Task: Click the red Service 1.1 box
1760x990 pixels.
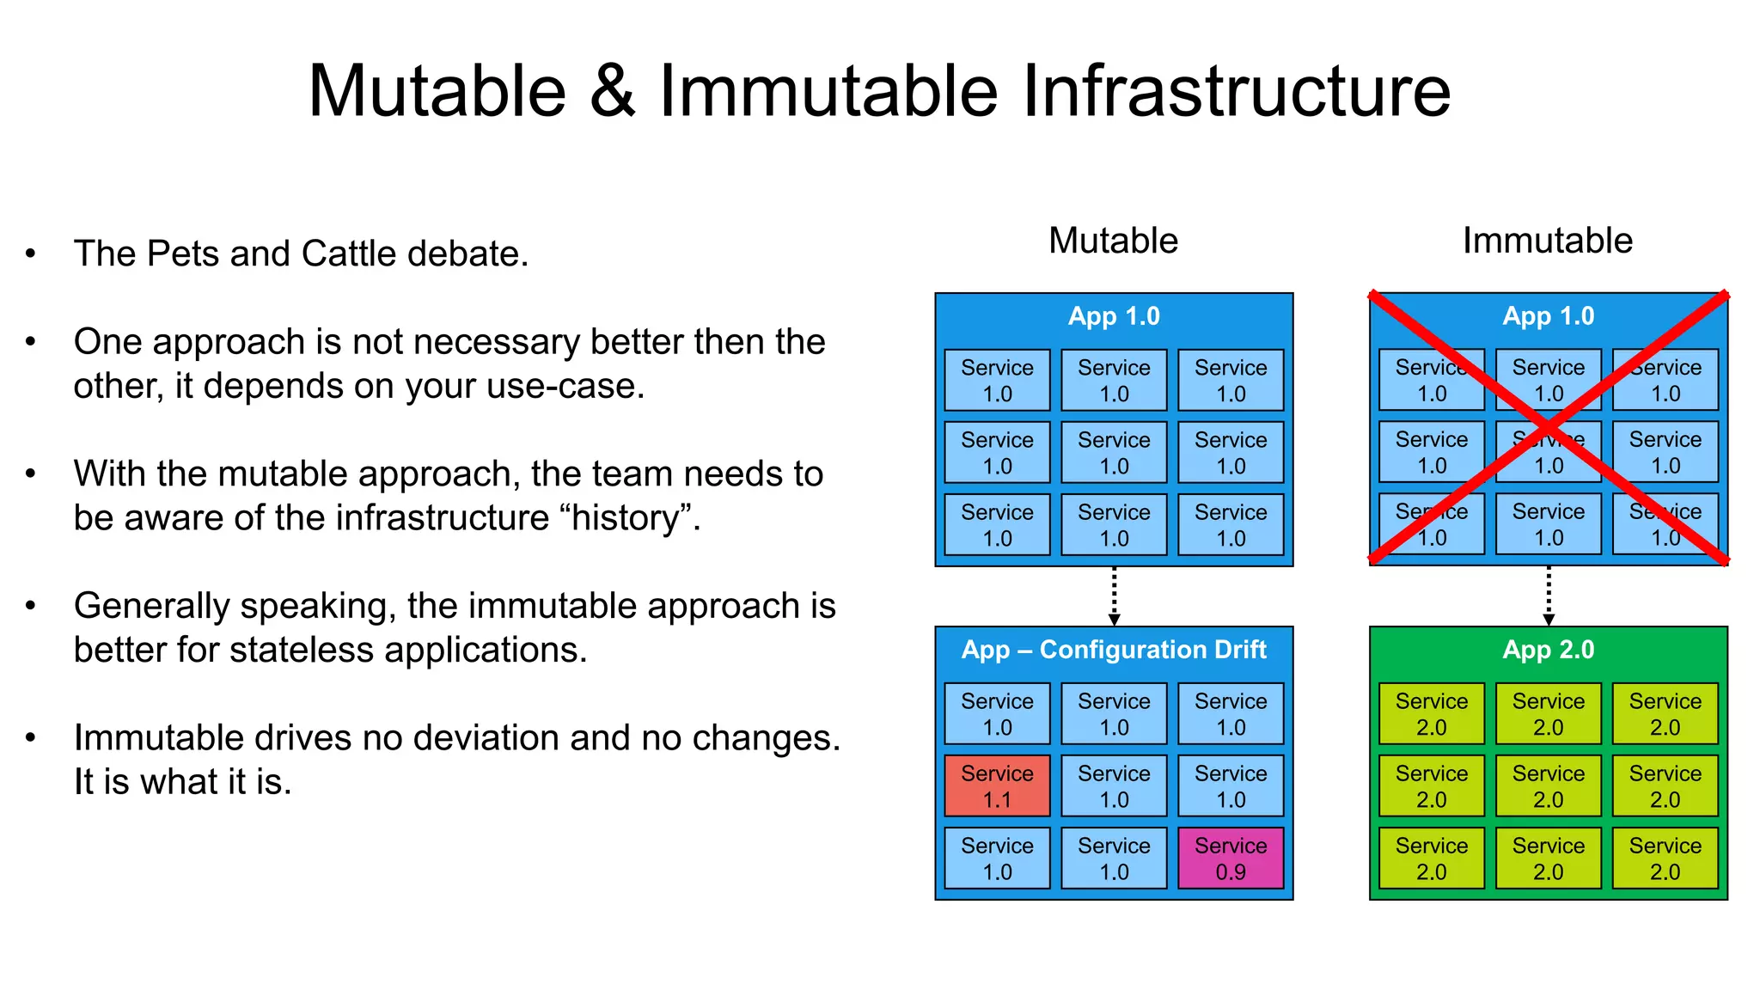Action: [x=997, y=785]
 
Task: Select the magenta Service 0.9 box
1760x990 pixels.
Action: [x=1231, y=858]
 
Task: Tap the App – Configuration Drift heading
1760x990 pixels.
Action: [x=1114, y=650]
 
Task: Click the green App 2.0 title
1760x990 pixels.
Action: [x=1548, y=650]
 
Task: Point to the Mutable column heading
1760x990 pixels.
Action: [x=1113, y=241]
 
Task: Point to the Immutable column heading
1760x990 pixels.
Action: [x=1547, y=241]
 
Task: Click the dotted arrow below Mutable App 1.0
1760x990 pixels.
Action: [x=1114, y=596]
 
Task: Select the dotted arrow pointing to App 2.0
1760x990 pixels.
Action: [x=1549, y=596]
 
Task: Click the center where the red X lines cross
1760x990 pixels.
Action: [x=1548, y=428]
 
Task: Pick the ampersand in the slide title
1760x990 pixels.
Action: [x=612, y=91]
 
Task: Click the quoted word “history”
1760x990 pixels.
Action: [x=626, y=517]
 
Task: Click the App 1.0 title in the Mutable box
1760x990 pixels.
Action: [x=1114, y=316]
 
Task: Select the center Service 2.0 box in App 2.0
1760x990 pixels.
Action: [x=1548, y=785]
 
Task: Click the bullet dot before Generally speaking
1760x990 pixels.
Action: [x=31, y=606]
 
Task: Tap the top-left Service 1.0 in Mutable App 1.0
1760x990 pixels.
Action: [x=997, y=380]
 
